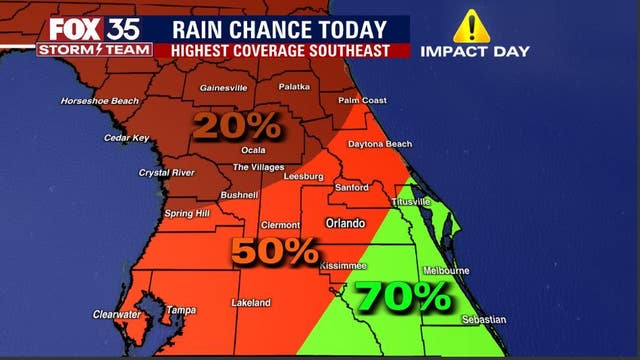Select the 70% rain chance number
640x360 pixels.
(x=403, y=296)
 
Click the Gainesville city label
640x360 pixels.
(x=223, y=87)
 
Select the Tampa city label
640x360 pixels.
(x=181, y=310)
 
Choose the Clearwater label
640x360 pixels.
(x=116, y=313)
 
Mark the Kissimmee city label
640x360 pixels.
(x=344, y=265)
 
